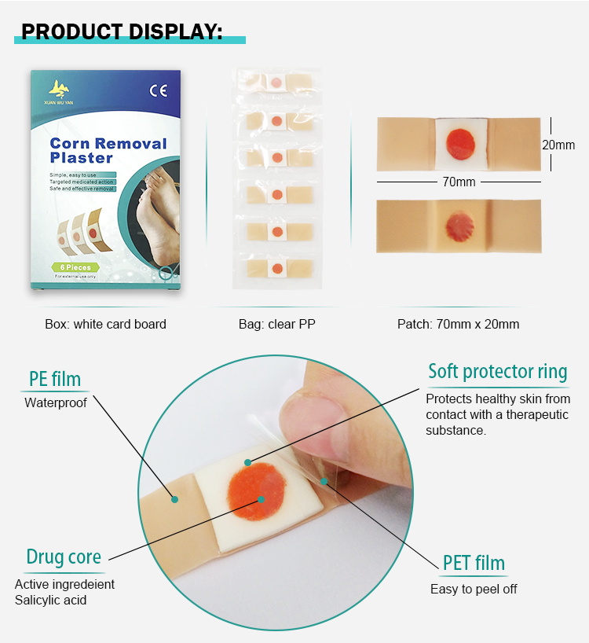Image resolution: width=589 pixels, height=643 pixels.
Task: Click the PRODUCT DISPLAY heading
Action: point(122,31)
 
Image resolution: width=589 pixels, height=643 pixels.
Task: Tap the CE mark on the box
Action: point(158,90)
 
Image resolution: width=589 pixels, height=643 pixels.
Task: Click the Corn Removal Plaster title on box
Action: point(108,150)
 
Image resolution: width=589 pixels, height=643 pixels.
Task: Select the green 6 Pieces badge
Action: point(71,266)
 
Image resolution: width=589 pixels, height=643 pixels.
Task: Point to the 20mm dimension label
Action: point(559,145)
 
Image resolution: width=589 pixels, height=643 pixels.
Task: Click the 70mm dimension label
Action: point(459,182)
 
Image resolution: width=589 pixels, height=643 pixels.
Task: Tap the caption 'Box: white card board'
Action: point(105,324)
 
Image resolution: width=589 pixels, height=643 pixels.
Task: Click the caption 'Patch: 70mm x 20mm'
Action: point(458,324)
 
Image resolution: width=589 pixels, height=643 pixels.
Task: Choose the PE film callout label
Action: point(55,379)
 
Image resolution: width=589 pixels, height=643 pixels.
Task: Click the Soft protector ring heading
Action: point(497,371)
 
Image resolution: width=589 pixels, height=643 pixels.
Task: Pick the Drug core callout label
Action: point(64,557)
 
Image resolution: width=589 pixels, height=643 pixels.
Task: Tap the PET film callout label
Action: point(474,563)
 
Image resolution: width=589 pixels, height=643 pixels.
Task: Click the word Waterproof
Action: point(56,403)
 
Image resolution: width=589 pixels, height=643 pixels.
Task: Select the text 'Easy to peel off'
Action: point(474,589)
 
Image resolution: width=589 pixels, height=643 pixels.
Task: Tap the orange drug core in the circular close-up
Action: point(257,491)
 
